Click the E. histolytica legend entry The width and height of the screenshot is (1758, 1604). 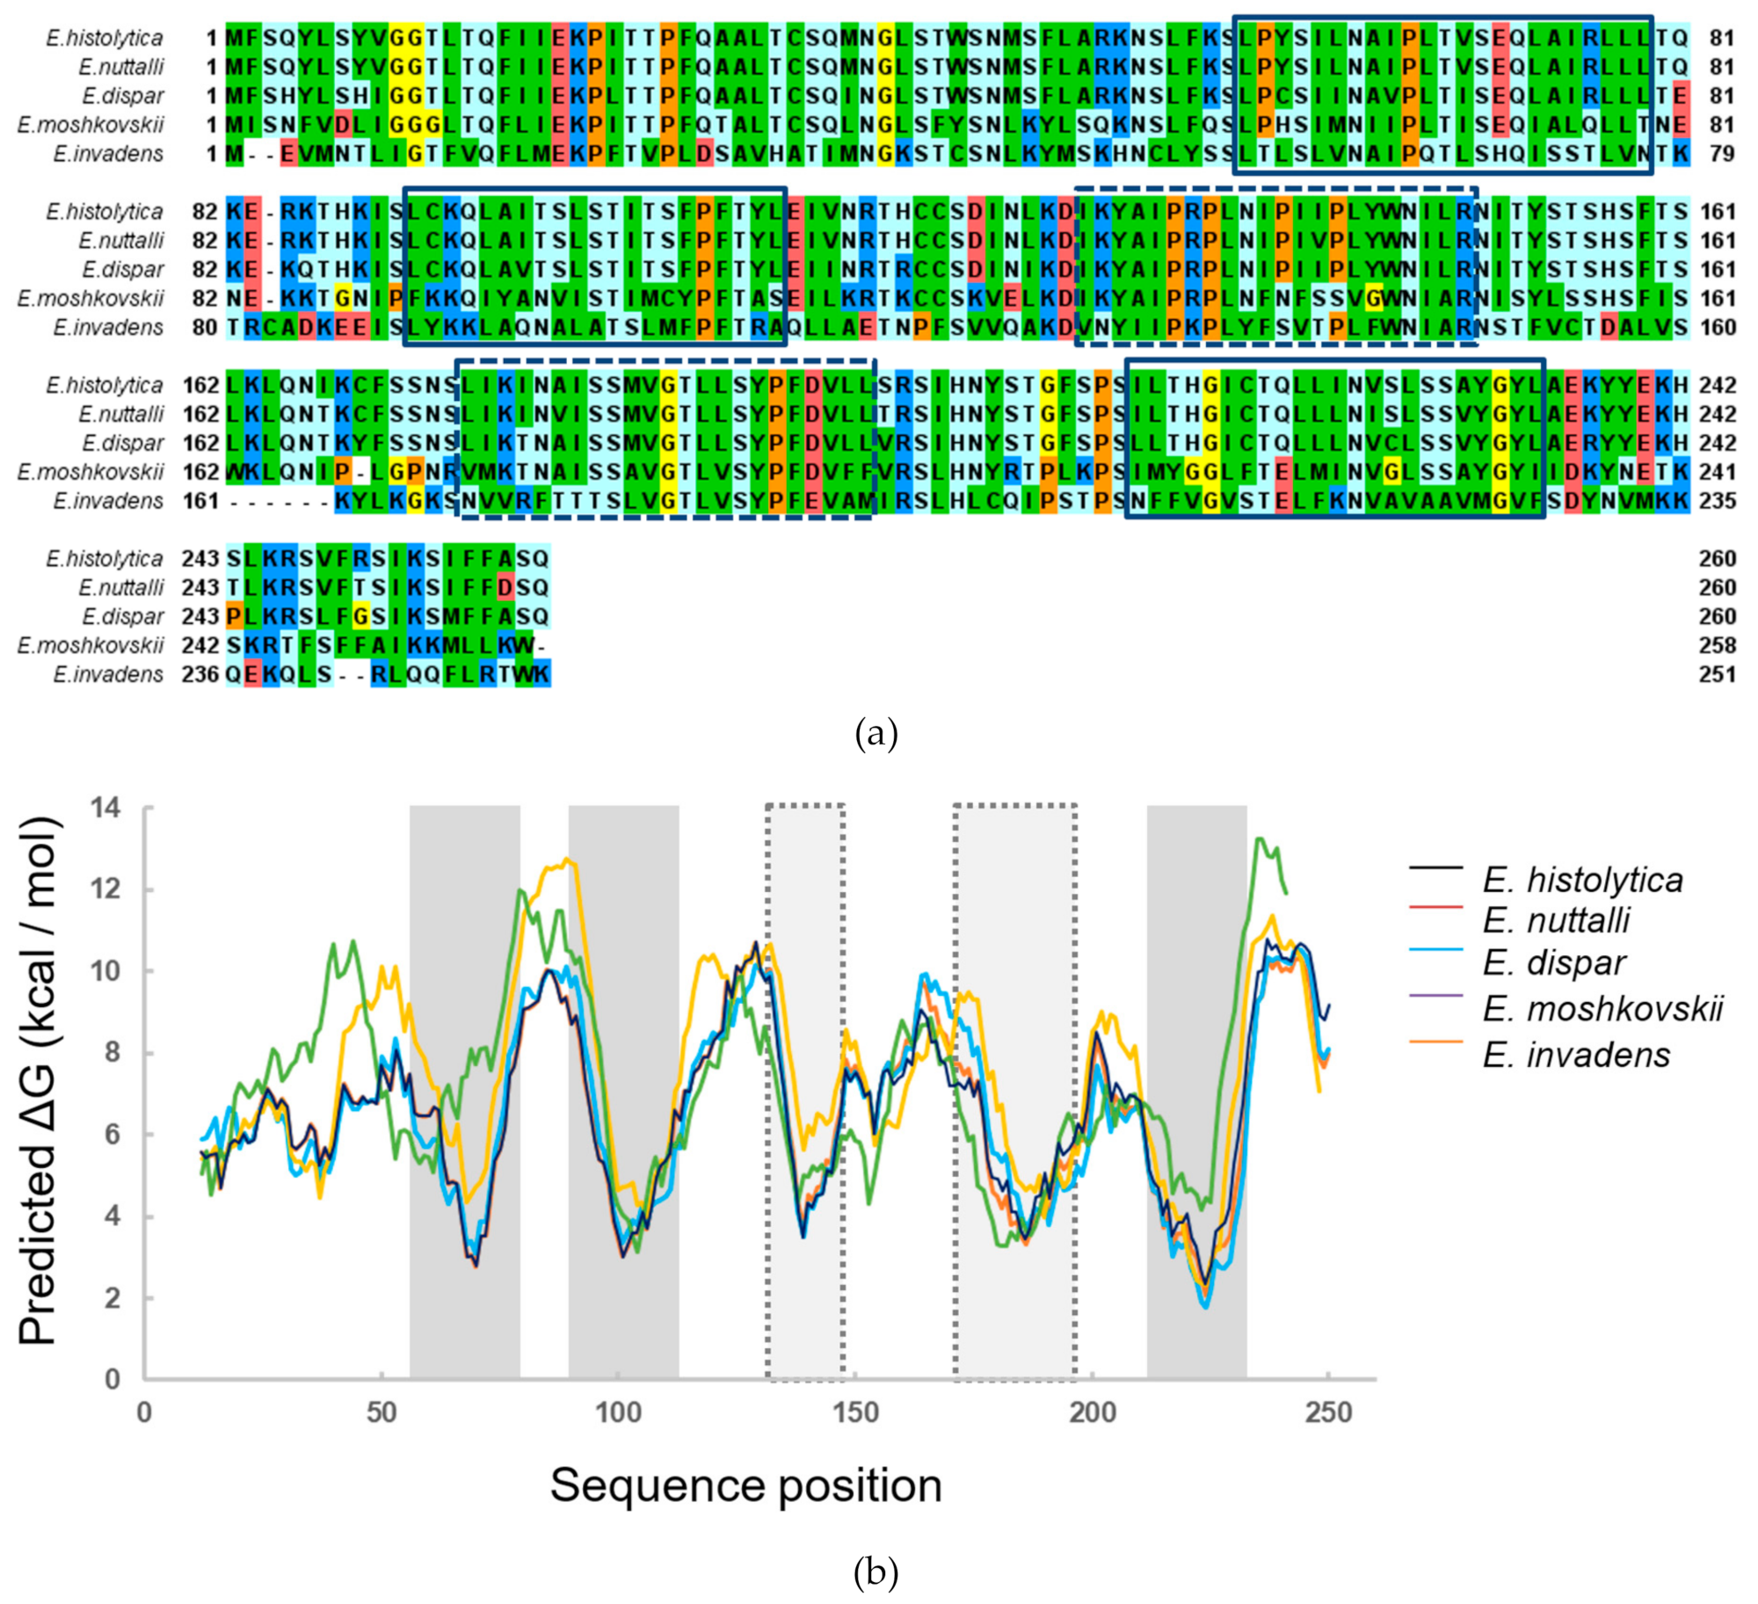(x=1581, y=879)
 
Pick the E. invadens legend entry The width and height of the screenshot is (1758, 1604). (x=1576, y=1054)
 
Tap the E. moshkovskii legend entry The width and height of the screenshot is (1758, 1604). (x=1602, y=1008)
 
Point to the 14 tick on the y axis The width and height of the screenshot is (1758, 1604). (x=107, y=807)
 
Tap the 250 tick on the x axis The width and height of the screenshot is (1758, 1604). (x=1327, y=1412)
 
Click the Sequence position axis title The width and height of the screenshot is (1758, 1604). (x=745, y=1484)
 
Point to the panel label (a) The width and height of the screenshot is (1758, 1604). (x=875, y=732)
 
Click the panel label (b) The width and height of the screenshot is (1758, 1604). (x=875, y=1571)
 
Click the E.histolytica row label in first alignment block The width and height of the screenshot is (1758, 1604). (x=105, y=38)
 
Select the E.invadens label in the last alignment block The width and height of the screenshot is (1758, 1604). (x=108, y=674)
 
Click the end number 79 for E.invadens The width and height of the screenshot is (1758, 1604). (x=1722, y=154)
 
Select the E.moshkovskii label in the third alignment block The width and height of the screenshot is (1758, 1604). (x=91, y=472)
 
